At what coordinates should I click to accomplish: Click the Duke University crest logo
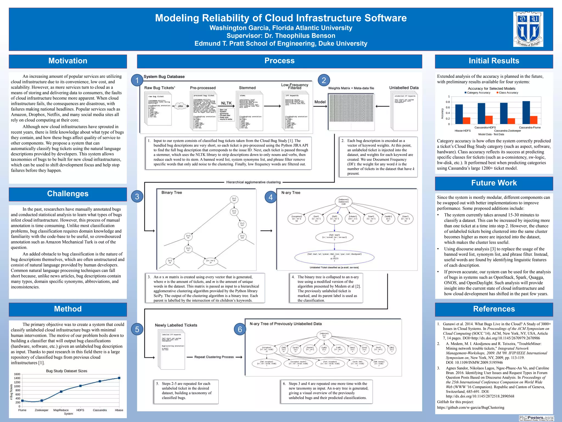pos(528,29)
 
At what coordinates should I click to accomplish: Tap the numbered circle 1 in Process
pos(137,80)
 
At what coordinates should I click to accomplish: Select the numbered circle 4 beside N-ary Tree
pos(271,197)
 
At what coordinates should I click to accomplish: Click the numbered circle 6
pos(240,329)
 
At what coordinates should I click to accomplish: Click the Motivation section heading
pos(68,61)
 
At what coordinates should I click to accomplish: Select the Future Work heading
pos(494,183)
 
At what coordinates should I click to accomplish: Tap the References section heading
pos(494,309)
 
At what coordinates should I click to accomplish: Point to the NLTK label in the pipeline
pos(226,103)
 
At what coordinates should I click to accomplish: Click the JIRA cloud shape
pos(180,106)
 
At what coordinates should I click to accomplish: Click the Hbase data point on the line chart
pos(119,378)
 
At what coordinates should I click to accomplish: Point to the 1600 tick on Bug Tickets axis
pos(17,374)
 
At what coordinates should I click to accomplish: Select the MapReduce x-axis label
pos(61,410)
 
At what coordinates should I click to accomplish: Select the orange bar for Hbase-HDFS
pos(467,121)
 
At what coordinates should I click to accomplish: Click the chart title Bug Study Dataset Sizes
pos(66,371)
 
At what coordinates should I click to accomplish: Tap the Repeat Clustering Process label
pos(214,357)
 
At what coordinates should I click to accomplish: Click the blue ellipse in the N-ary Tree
pos(334,257)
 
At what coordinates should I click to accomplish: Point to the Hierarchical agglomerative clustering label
pos(253,182)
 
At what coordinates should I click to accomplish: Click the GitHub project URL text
pos(471,407)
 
